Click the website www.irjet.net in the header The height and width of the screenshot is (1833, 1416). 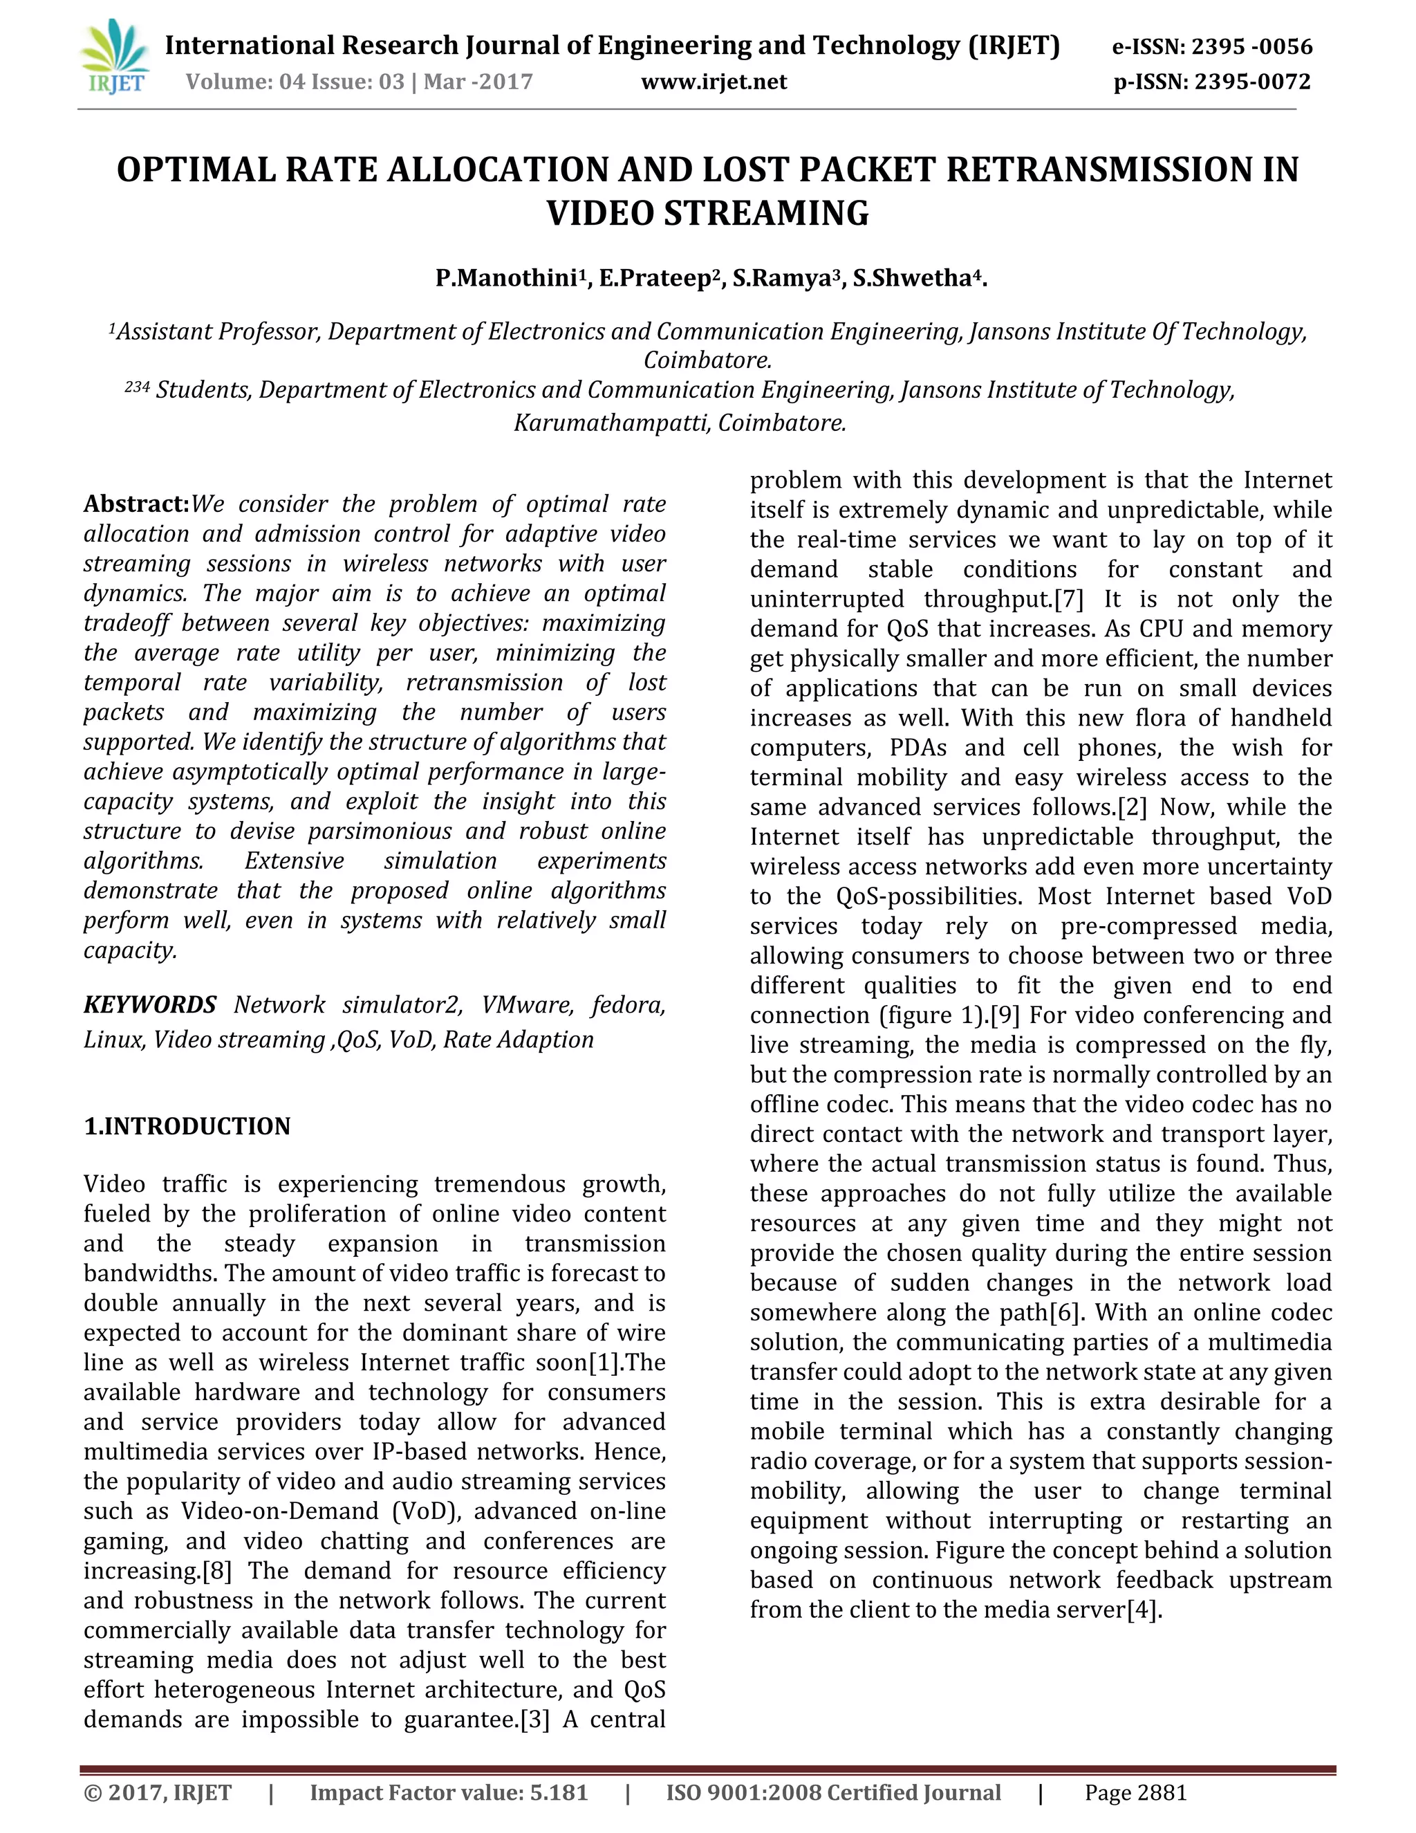714,82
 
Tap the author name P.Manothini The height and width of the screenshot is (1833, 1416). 507,279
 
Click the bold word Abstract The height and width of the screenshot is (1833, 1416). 136,504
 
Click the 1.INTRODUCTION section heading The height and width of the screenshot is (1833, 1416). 187,1126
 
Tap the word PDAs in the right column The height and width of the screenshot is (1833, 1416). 920,748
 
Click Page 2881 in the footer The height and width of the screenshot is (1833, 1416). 1136,1793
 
